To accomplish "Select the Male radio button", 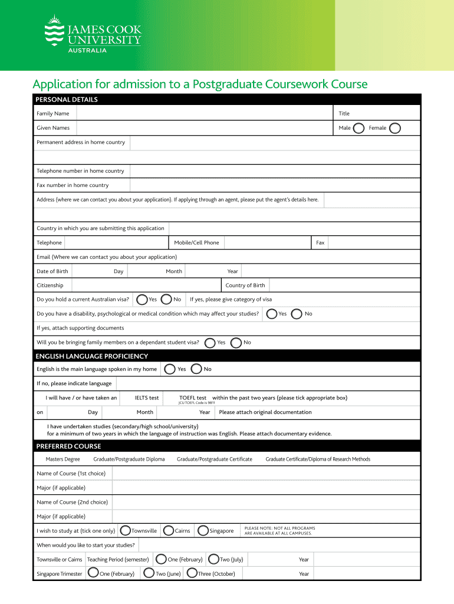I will (x=358, y=128).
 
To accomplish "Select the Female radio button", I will (x=396, y=128).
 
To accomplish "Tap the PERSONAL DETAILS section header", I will (x=67, y=100).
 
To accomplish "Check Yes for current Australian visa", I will (x=142, y=300).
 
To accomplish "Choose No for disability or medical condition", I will (x=298, y=314).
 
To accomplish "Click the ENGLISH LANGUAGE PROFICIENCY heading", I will (x=91, y=356).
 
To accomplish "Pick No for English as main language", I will (x=197, y=369).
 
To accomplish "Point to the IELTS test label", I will (x=147, y=398).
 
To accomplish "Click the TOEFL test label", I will (x=193, y=398).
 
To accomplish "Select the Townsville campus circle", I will (x=126, y=531).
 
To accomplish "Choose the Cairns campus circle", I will (x=169, y=531).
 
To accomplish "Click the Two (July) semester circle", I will (x=213, y=559).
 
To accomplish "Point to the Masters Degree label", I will (x=62, y=459).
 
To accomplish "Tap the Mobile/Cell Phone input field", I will (x=267, y=242).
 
